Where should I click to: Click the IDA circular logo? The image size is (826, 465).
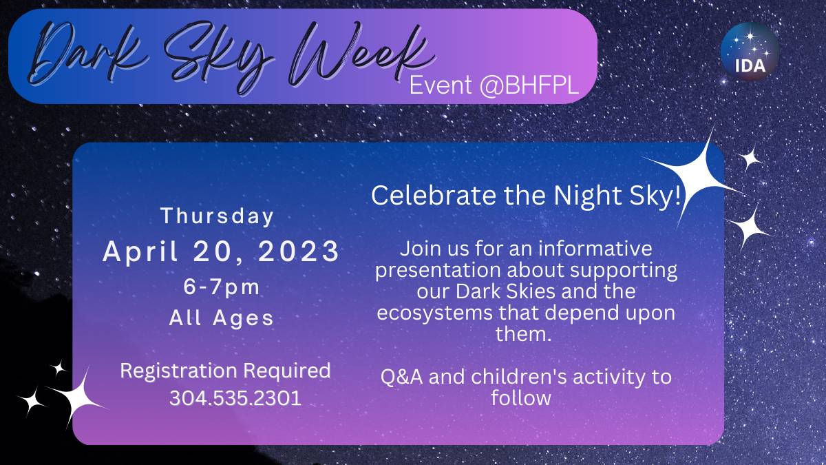750,52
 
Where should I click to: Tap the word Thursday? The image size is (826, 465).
218,216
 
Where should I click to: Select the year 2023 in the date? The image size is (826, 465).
298,251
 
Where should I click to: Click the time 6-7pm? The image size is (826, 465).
222,287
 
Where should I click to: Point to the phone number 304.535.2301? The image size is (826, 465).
235,398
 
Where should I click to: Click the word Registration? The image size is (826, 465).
178,371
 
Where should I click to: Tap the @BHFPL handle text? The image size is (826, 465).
529,85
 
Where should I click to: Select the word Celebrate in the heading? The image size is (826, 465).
434,195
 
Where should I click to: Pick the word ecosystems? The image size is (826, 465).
434,313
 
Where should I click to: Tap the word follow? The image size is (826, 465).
520,398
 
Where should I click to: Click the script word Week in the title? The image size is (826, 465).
361,55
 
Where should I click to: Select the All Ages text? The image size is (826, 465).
221,318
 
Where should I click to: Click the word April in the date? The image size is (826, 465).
140,252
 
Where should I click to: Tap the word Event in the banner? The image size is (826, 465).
441,85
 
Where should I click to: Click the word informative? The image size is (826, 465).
595,249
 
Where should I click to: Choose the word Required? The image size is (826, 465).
287,371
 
